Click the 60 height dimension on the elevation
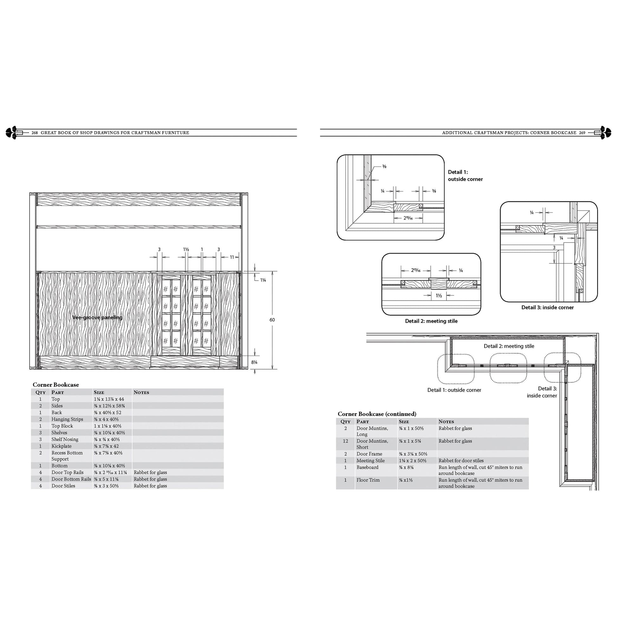point(272,320)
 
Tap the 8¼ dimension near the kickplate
point(254,362)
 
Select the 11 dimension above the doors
point(232,257)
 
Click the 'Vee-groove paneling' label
point(97,317)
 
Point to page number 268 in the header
point(35,133)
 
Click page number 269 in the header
point(582,133)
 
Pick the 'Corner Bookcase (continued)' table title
point(377,414)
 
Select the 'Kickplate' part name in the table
point(61,446)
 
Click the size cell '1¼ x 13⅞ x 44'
point(109,399)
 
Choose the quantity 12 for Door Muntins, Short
point(345,441)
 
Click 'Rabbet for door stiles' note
point(461,460)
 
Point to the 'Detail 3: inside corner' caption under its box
point(547,307)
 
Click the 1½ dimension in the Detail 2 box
point(439,296)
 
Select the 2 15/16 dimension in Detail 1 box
point(408,218)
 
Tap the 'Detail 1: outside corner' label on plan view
point(454,390)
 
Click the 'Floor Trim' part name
point(368,480)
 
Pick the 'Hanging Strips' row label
point(67,419)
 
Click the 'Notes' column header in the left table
point(141,393)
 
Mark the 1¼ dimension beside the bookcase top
point(263,280)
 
